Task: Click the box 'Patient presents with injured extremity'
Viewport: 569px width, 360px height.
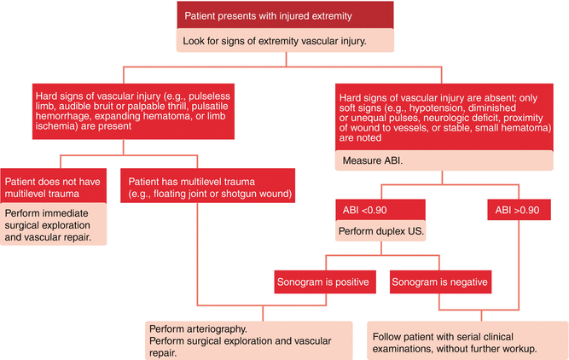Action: pos(284,14)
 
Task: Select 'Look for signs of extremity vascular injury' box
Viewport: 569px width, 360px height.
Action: pos(284,39)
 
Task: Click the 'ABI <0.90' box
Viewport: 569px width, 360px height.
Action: pos(378,210)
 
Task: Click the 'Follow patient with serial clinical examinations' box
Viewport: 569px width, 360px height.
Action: pos(466,340)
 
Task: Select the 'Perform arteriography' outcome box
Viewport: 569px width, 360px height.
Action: pos(247,340)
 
